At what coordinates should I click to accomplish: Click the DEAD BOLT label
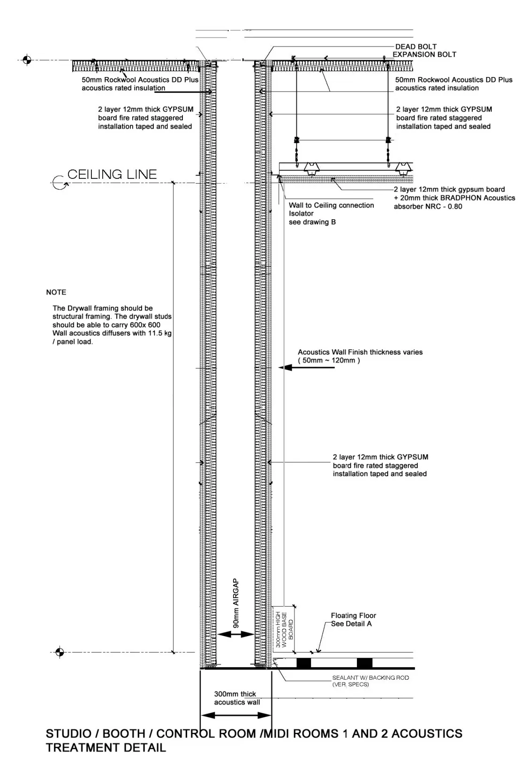tap(415, 46)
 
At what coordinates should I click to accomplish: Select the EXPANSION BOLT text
tap(424, 54)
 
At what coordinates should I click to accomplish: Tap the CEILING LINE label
tap(112, 175)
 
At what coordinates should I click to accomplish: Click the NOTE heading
tap(56, 292)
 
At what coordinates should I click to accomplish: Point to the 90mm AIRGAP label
tap(236, 603)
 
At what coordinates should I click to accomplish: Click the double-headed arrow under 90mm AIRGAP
tap(235, 634)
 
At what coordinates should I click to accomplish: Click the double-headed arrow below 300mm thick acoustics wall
tap(236, 716)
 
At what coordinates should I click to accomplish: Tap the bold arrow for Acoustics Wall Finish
tap(307, 368)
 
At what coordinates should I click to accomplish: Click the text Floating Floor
tap(353, 615)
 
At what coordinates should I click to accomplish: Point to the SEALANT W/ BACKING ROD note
tap(370, 681)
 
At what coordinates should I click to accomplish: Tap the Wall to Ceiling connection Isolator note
tap(331, 209)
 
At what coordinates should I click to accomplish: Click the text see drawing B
tap(312, 222)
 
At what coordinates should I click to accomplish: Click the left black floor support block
tap(303, 663)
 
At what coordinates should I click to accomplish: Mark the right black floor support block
tap(364, 663)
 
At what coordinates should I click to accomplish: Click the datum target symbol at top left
tap(27, 60)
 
